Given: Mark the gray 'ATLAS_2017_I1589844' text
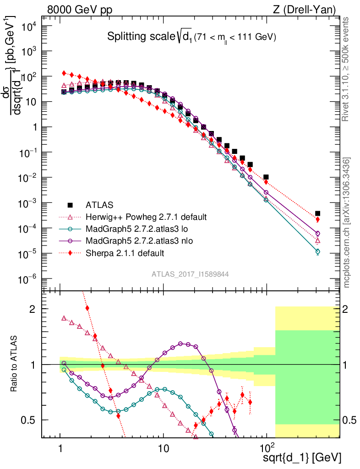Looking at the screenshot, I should (191, 274).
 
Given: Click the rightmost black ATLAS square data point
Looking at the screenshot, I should (317, 213).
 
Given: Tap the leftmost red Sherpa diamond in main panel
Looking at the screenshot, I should (65, 73).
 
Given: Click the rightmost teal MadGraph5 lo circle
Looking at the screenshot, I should (317, 251).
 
